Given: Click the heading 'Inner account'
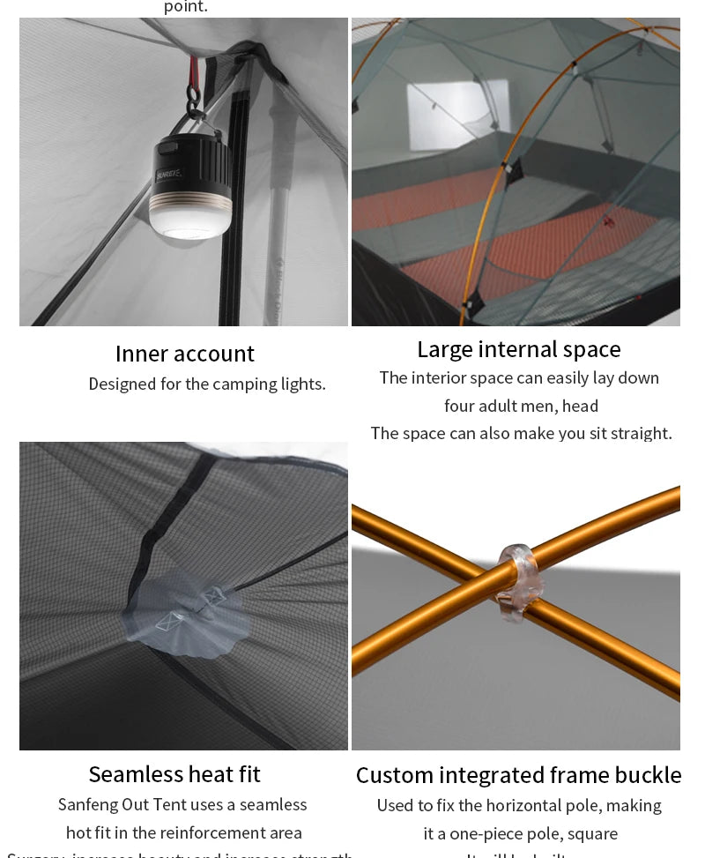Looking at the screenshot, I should (184, 354).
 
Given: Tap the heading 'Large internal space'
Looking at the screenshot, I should (518, 349).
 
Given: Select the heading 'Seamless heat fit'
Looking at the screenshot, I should (174, 774).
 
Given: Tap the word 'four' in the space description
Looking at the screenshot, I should (459, 406).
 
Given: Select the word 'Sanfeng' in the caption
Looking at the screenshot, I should (87, 804).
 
